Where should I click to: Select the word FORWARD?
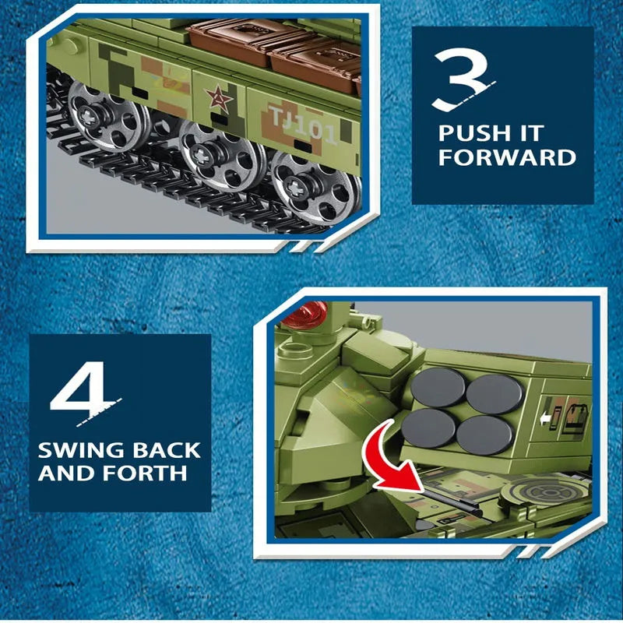[507, 157]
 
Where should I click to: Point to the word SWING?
[82, 450]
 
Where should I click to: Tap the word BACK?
[166, 450]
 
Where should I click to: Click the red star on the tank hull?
[219, 99]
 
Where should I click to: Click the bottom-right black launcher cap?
[484, 435]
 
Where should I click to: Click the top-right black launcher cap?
[495, 394]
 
